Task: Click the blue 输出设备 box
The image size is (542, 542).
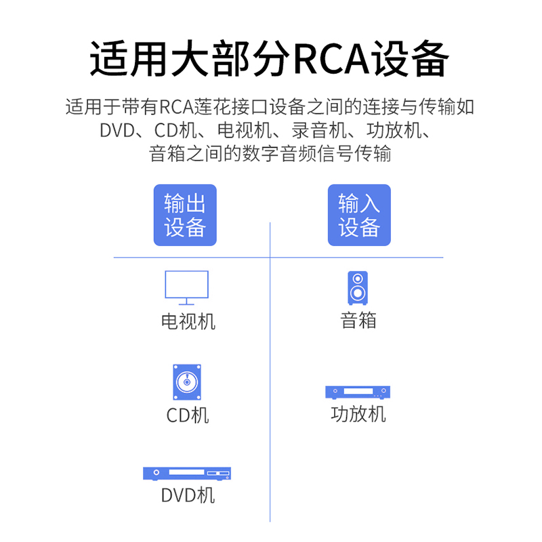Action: click(185, 215)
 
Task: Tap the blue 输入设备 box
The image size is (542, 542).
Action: click(359, 215)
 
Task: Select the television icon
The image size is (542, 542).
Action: click(186, 287)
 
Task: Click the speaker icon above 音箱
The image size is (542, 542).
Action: click(358, 288)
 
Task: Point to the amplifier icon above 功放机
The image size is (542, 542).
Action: click(358, 392)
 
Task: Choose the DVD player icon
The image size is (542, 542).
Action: click(187, 473)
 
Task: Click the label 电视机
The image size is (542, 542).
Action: click(188, 321)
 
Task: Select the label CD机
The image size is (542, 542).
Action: click(188, 415)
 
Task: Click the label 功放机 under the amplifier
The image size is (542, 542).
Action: click(358, 414)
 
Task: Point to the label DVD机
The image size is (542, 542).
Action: click(188, 495)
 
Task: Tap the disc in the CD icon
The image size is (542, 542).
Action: click(187, 383)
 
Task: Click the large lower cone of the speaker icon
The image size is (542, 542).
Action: click(358, 293)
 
